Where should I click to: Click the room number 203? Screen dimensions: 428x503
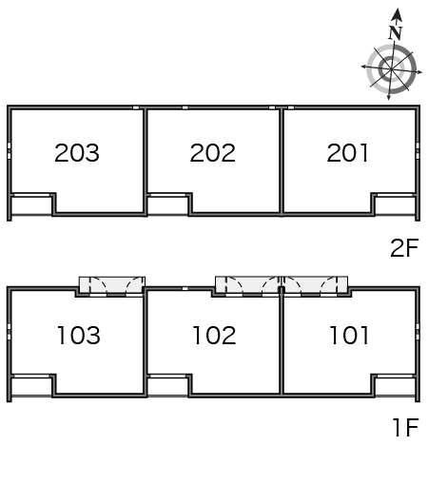77,153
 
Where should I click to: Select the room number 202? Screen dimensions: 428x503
213,153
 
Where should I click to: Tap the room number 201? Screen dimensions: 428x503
347,153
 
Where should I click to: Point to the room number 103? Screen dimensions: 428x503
79,336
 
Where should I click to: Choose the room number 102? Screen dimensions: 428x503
214,336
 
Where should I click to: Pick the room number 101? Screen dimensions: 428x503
349,336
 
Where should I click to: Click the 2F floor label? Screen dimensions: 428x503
404,247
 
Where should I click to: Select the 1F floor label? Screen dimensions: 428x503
406,427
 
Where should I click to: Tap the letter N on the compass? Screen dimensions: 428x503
396,32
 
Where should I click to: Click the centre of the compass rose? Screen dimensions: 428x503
392,69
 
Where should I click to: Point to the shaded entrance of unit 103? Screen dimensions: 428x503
112,285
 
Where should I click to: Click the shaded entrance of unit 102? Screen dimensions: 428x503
247,284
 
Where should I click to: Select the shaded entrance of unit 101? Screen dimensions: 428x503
315,284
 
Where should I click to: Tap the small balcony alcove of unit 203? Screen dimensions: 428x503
31,205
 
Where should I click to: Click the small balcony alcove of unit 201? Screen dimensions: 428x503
396,205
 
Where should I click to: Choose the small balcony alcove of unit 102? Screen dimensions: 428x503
167,387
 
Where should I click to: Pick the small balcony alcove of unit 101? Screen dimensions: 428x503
396,387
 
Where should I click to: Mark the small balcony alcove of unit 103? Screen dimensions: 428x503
31,387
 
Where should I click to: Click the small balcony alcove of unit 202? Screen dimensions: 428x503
167,205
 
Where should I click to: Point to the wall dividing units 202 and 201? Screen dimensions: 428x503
282,162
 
